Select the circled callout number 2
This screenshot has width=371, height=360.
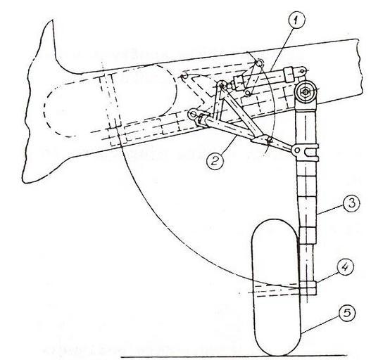pos(215,161)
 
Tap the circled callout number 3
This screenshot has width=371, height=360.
pos(351,203)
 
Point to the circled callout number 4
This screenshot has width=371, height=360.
pos(345,267)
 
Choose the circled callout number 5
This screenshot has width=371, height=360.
pos(346,313)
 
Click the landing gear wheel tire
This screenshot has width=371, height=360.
pos(276,287)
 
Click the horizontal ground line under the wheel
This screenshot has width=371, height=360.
pos(234,356)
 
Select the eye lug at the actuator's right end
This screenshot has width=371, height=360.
pos(303,71)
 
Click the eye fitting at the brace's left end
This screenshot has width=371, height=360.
pos(192,115)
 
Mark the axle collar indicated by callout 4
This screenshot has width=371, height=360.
pos(308,288)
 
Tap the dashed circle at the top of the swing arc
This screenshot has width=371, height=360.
pos(259,63)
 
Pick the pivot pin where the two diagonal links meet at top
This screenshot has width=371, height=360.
pos(222,85)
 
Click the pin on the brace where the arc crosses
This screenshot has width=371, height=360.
pos(269,141)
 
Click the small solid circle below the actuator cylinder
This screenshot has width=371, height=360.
pos(248,93)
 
